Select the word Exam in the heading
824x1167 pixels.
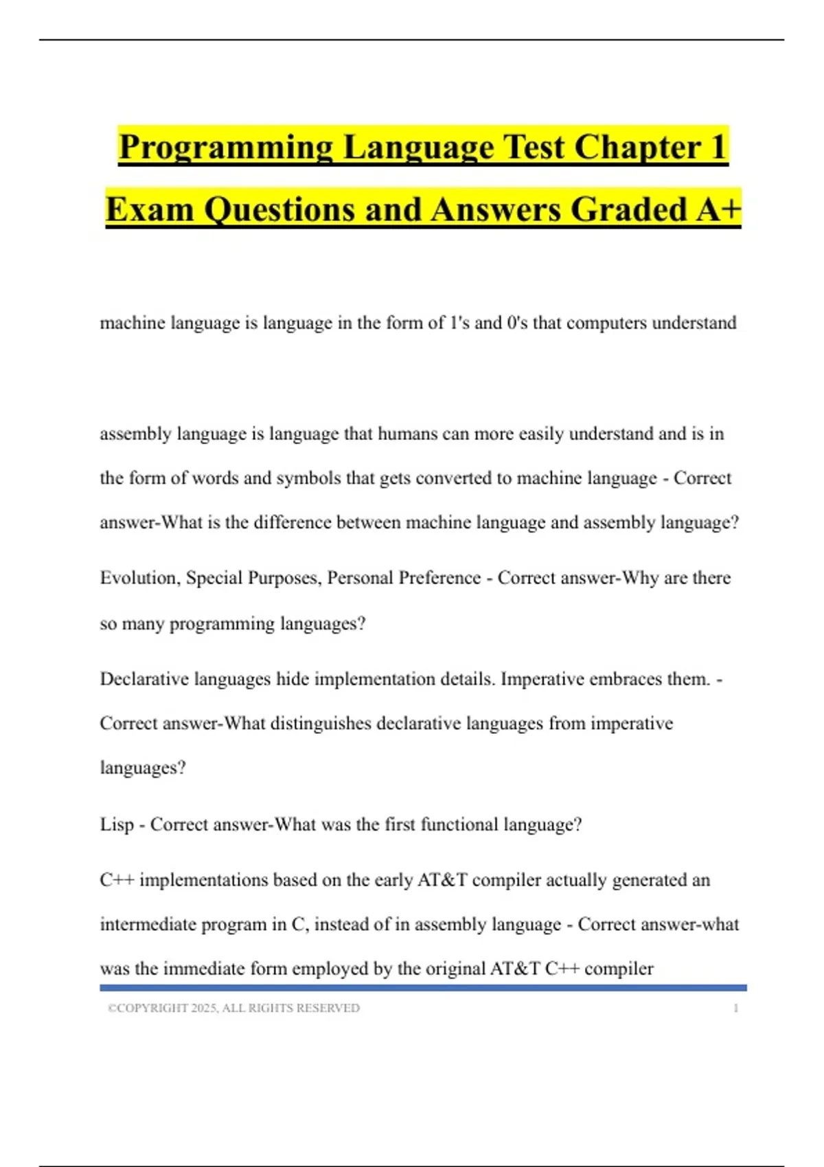(x=149, y=209)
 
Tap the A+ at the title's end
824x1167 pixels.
(x=718, y=209)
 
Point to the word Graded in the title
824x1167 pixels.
(x=628, y=209)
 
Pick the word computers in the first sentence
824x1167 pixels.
(x=606, y=323)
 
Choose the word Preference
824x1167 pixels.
(x=439, y=578)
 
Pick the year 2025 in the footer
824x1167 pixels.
(x=203, y=1008)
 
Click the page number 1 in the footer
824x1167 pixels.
(x=735, y=1008)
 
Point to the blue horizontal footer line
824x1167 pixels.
(x=423, y=988)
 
